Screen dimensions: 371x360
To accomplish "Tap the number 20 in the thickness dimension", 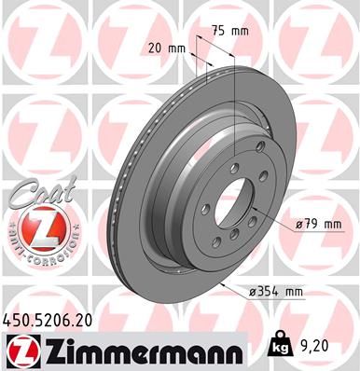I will pyautogui.click(x=157, y=48).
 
